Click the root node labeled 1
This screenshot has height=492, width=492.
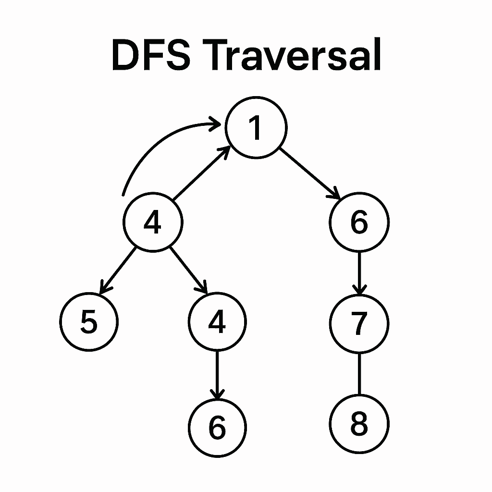[256, 128]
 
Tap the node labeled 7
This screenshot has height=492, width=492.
[359, 323]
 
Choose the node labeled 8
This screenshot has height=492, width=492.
[359, 424]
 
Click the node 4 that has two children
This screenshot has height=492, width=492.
[153, 222]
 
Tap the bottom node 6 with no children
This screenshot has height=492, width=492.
[218, 427]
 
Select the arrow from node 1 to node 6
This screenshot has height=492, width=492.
[310, 174]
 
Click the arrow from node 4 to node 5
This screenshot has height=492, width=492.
[118, 270]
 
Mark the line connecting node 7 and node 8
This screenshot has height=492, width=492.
[359, 374]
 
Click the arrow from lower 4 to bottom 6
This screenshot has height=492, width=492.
[218, 375]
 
